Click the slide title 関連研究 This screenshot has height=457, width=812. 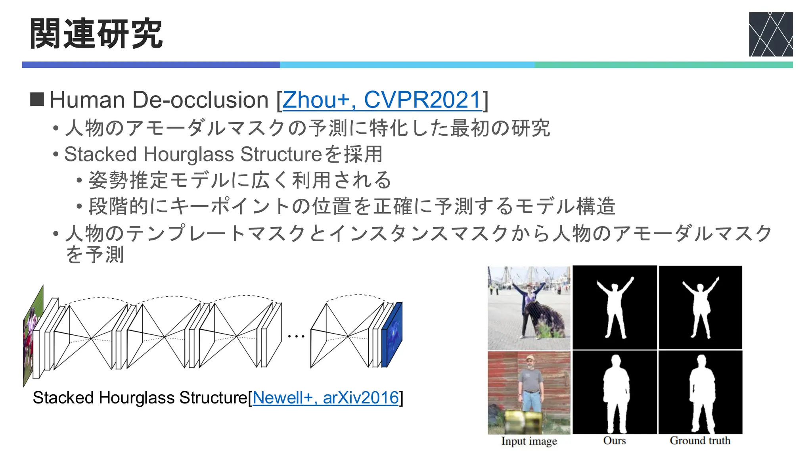[96, 34]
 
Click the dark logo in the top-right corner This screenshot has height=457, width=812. [770, 34]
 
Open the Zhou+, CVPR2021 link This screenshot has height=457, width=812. [382, 100]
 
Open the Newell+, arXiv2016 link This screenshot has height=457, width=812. [326, 397]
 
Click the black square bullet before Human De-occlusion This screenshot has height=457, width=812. [37, 100]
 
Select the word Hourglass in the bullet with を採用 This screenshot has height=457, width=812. [189, 154]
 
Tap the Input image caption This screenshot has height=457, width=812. [529, 441]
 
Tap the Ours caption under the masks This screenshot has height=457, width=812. [614, 441]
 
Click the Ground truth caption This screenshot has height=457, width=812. [700, 441]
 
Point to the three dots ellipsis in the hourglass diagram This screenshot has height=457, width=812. [296, 336]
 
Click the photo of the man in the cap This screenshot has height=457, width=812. [529, 393]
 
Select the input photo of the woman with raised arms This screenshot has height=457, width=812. [529, 308]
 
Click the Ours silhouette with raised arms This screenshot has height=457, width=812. [615, 308]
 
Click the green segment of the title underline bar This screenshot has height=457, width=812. [663, 65]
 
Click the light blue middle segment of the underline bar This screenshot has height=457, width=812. [407, 65]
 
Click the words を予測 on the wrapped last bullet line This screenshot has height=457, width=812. [95, 254]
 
